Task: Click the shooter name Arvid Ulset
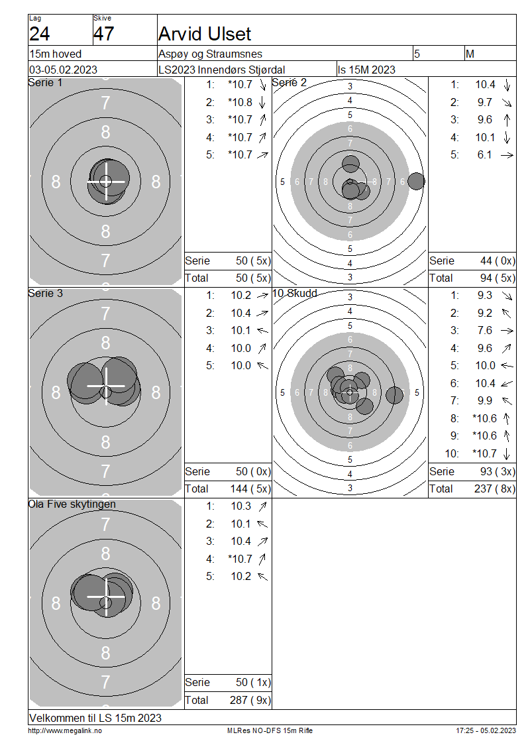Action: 204,34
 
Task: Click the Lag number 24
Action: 39,34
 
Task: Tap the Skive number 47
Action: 103,34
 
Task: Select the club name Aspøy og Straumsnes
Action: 210,54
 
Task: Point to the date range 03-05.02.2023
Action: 63,70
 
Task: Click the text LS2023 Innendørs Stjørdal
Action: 221,70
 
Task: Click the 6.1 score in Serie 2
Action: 484,154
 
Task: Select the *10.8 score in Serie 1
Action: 240,102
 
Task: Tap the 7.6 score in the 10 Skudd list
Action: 484,331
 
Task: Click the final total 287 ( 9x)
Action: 250,700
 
